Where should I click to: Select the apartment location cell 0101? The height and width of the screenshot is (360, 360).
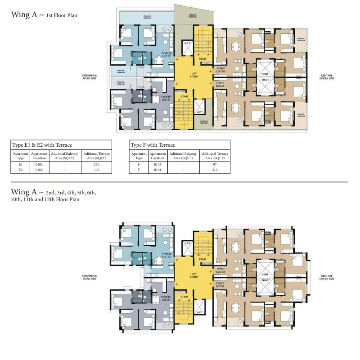click(x=39, y=165)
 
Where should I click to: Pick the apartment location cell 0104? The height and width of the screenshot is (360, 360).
click(x=157, y=171)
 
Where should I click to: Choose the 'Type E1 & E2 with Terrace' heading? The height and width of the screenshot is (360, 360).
click(x=42, y=145)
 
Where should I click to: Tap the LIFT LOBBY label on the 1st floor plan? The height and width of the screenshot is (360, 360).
click(x=194, y=75)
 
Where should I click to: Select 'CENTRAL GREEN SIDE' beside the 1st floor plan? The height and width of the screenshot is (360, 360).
click(x=327, y=77)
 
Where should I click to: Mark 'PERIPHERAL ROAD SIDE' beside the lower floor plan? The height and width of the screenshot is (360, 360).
click(x=89, y=277)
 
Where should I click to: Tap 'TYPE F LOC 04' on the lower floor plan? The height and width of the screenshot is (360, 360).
click(x=220, y=285)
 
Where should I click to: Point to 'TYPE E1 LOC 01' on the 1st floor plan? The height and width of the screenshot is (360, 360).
click(x=166, y=98)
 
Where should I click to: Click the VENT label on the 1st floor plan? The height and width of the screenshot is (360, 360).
click(x=265, y=74)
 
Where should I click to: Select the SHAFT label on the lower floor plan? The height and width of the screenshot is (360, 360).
click(x=265, y=280)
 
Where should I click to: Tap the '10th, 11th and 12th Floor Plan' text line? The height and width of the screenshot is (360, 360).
click(x=45, y=199)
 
